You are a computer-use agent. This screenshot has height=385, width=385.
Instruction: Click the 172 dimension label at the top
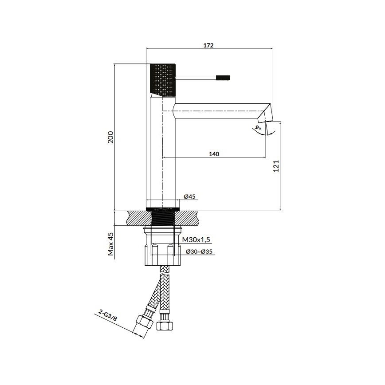pos(209,45)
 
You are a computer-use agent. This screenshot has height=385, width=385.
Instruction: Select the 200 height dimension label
pos(111,137)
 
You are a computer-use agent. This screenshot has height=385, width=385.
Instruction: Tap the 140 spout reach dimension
pos(214,154)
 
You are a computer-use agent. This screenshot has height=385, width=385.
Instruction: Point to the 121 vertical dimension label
pos(275,166)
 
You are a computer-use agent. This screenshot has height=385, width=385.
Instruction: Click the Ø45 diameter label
pos(190,196)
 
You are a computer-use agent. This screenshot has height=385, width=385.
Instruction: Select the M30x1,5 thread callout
pos(196,240)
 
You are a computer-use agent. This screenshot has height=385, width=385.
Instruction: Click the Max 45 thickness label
pos(111,245)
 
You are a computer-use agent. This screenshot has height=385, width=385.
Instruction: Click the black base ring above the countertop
pos(162,208)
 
